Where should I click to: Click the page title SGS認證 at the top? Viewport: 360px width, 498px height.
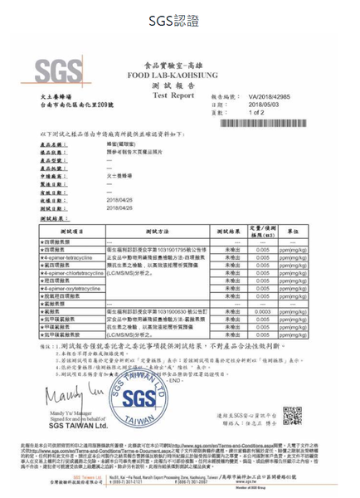click(x=179, y=19)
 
